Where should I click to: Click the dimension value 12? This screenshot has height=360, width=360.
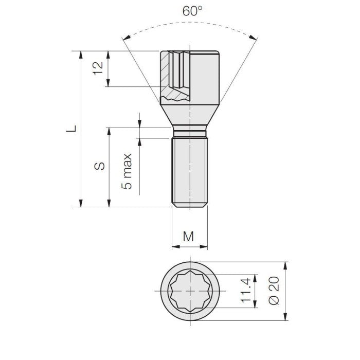99,68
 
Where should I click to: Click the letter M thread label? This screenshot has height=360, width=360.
189,236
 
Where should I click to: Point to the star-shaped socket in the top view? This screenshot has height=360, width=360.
190,291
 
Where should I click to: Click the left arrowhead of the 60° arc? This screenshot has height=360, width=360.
125,38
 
